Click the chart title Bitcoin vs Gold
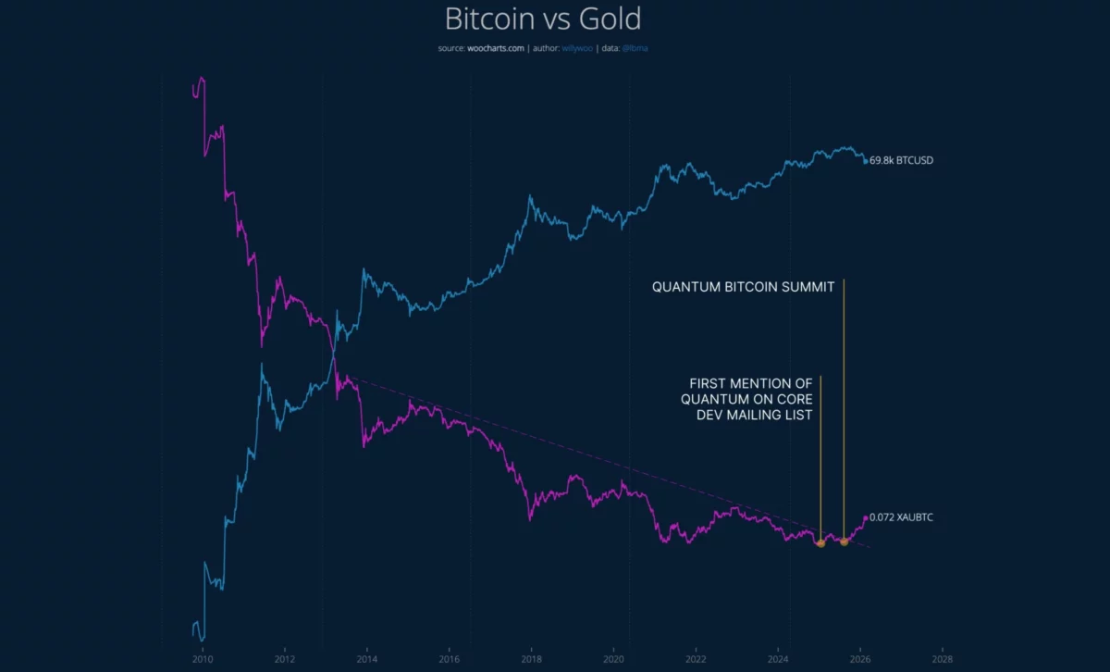(x=543, y=19)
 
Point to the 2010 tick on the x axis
(x=203, y=660)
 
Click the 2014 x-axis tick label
(x=367, y=660)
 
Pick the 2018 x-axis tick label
(x=531, y=660)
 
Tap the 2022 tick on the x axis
(x=696, y=660)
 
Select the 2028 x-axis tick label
(x=942, y=660)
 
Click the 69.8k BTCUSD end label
(x=902, y=161)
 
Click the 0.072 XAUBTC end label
(x=901, y=517)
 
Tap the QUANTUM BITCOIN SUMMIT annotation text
(x=744, y=287)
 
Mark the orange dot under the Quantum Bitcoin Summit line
(x=844, y=541)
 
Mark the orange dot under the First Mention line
(x=820, y=543)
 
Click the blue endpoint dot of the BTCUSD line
(x=866, y=161)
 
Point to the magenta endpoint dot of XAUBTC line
(x=866, y=517)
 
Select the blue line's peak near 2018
(x=530, y=196)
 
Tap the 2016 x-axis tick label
(x=449, y=660)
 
